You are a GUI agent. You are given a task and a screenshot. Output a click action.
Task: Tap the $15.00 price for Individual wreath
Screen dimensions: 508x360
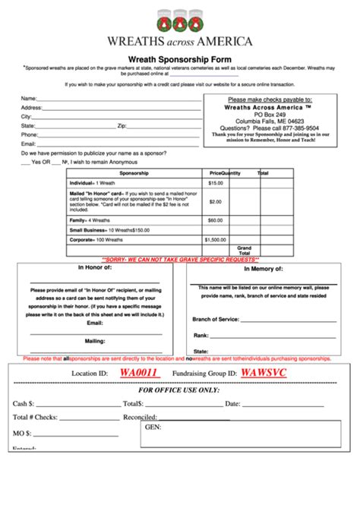[216, 183]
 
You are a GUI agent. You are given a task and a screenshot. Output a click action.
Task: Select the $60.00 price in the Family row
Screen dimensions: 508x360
[216, 219]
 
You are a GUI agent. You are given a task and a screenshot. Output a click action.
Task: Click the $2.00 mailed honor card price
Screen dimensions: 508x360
[216, 201]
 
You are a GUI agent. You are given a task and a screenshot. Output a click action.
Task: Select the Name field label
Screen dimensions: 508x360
[28, 99]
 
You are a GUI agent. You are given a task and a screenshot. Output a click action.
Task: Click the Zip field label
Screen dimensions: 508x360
[122, 125]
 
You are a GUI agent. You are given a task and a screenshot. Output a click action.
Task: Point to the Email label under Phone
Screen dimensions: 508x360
[29, 144]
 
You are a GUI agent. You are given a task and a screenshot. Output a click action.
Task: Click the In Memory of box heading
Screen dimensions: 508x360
[262, 269]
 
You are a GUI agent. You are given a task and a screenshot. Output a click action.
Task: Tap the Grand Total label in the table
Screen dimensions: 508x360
[244, 250]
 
